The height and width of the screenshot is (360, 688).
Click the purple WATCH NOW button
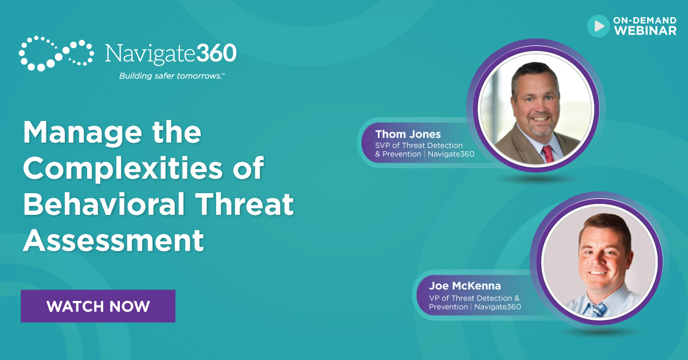[98, 306]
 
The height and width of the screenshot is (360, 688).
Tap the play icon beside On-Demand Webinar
[599, 26]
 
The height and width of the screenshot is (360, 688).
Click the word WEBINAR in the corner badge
[646, 31]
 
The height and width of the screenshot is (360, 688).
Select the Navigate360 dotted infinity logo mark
[56, 53]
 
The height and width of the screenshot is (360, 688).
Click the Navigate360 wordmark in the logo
[170, 53]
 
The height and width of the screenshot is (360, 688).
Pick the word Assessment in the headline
[114, 240]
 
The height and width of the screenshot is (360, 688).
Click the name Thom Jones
[408, 135]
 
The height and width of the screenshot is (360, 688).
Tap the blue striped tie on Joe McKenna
[599, 310]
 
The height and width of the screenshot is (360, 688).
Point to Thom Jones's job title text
[424, 150]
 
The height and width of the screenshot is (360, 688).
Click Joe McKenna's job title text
[475, 302]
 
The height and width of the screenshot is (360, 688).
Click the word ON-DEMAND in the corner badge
[645, 21]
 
